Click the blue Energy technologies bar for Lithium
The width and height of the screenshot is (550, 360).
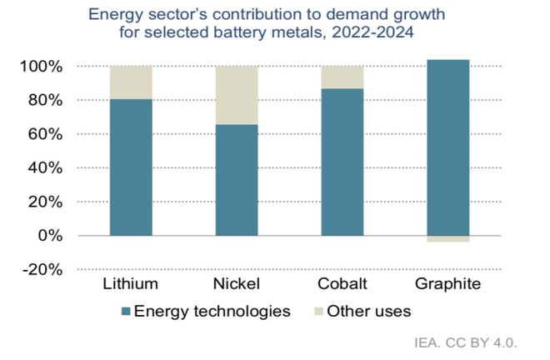pyautogui.click(x=131, y=167)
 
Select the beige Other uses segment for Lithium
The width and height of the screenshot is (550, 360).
pyautogui.click(x=131, y=82)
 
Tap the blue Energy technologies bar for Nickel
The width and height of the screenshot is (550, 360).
pyautogui.click(x=237, y=179)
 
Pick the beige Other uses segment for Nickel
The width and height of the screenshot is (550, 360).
pyautogui.click(x=237, y=95)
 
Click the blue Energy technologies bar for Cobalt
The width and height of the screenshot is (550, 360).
pyautogui.click(x=342, y=162)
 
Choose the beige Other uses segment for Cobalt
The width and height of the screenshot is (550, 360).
pyautogui.click(x=342, y=77)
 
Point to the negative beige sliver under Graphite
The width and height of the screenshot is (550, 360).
pyautogui.click(x=447, y=239)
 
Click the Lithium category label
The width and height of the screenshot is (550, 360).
pyautogui.click(x=131, y=284)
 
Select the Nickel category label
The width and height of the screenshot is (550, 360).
pyautogui.click(x=237, y=284)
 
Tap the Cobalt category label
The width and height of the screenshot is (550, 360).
pyautogui.click(x=342, y=284)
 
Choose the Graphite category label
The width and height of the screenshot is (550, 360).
pyautogui.click(x=447, y=284)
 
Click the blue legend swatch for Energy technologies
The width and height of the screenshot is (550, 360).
pyautogui.click(x=126, y=312)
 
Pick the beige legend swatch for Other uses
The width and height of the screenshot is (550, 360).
pyautogui.click(x=318, y=312)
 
